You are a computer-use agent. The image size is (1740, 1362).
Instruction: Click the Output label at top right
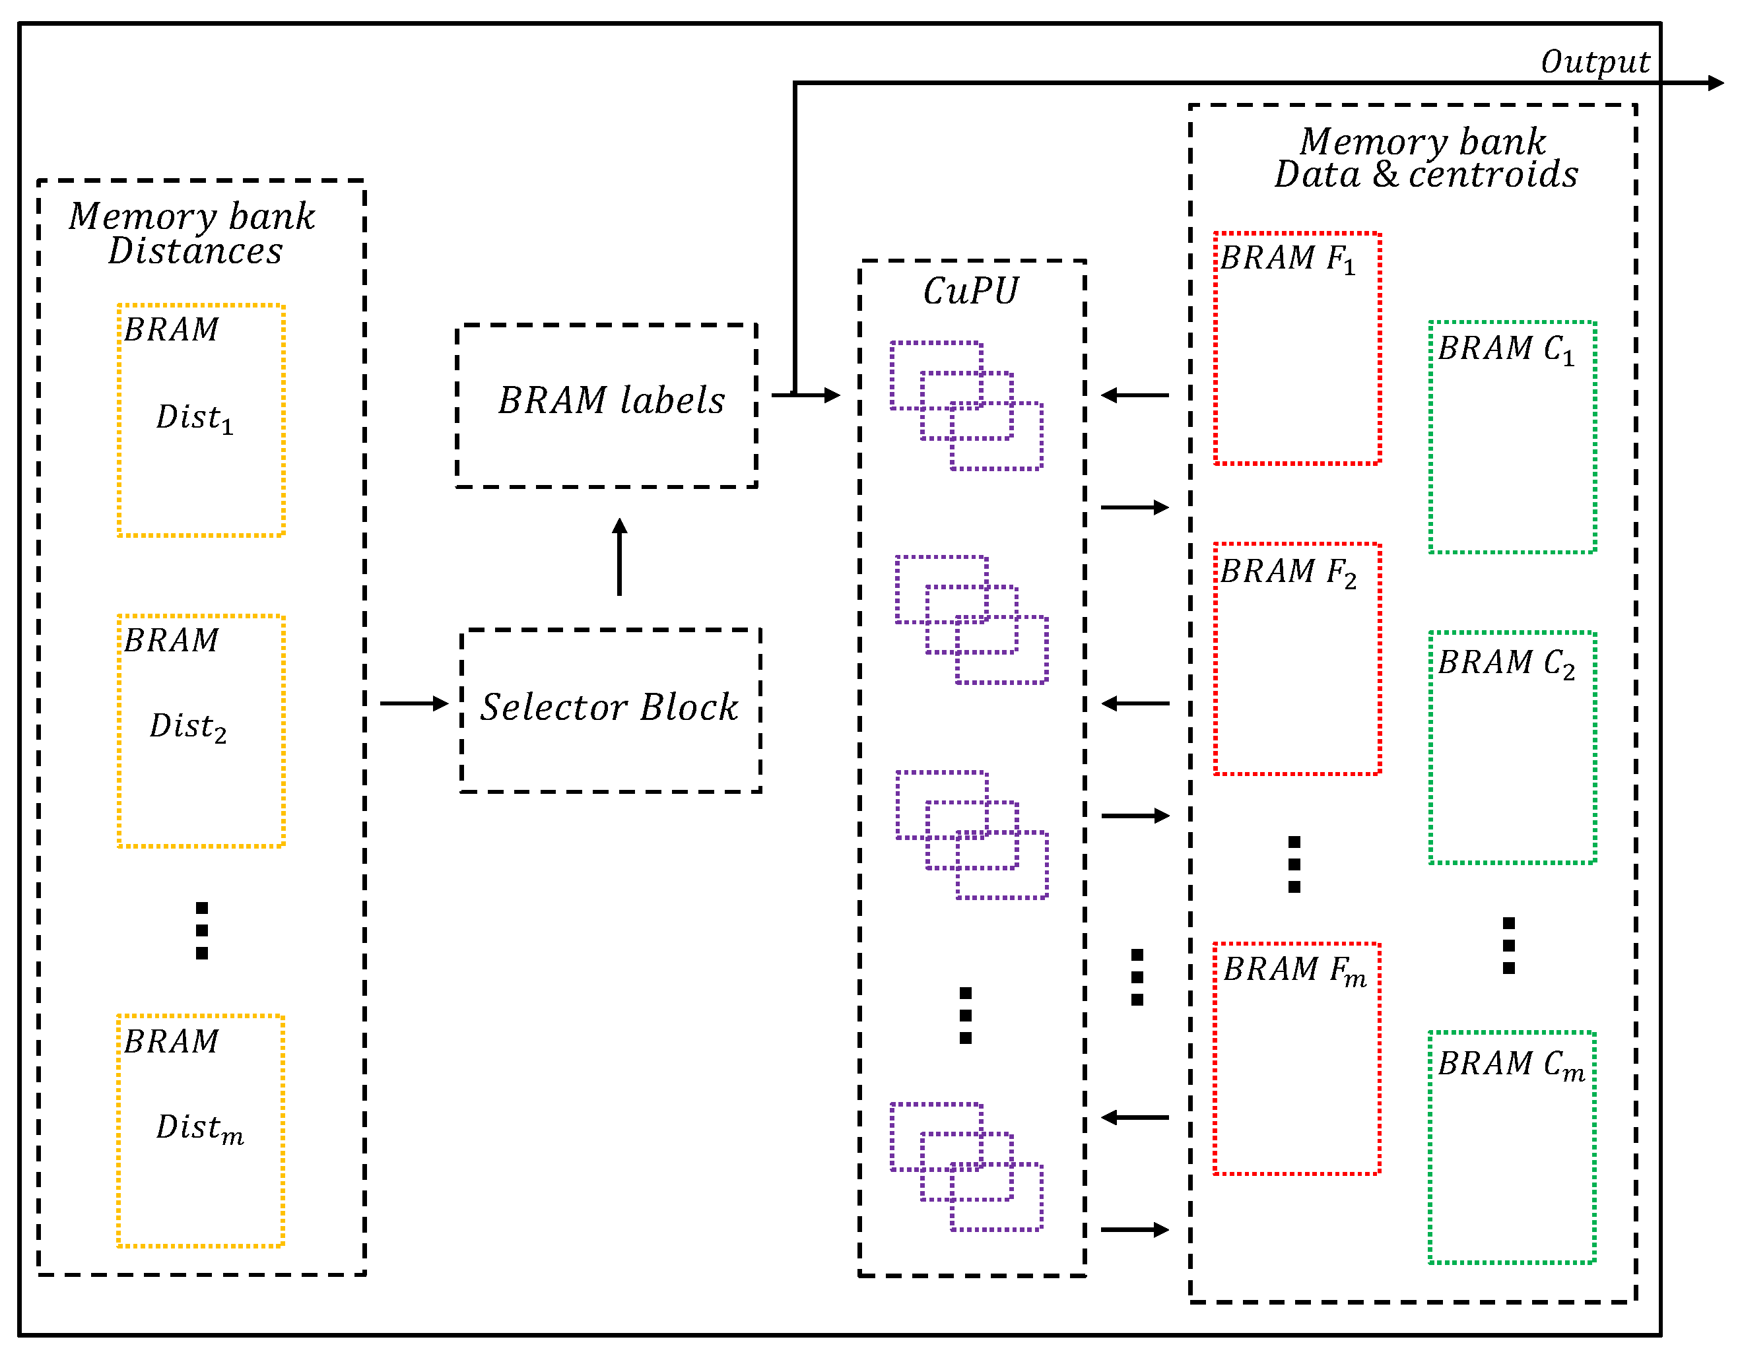tap(1593, 62)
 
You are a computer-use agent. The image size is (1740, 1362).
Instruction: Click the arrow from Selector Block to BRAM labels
tap(619, 556)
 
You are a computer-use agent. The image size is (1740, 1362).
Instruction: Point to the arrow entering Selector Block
tap(413, 703)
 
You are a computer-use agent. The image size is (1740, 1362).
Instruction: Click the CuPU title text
tap(970, 291)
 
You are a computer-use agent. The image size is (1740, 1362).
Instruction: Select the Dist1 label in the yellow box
tap(194, 418)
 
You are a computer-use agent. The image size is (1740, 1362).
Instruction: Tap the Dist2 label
tap(188, 727)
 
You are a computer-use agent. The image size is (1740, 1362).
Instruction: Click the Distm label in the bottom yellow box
tap(199, 1128)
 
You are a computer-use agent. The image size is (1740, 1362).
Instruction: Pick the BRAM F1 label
tap(1287, 259)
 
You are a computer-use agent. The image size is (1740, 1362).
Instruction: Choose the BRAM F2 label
tap(1287, 573)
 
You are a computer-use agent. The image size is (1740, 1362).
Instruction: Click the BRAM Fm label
tap(1293, 971)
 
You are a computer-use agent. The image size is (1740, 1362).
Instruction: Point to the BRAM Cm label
tap(1510, 1064)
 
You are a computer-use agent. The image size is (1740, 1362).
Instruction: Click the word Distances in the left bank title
tap(195, 251)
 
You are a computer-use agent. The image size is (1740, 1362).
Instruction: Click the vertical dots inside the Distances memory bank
tap(202, 930)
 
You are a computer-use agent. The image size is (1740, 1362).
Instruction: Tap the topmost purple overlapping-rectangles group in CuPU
tap(965, 406)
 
